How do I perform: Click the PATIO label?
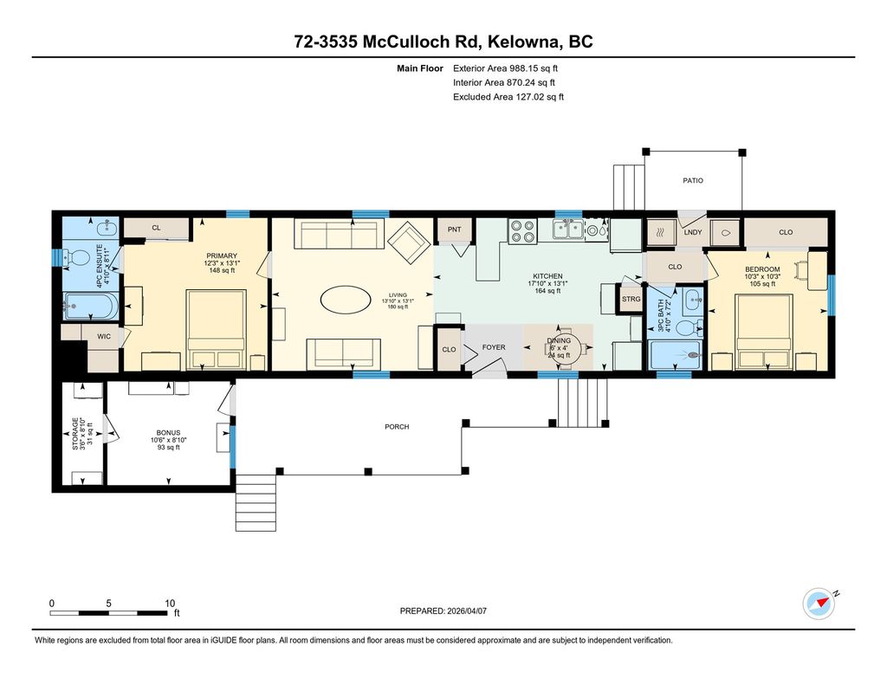pos(692,180)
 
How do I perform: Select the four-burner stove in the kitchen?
pos(522,231)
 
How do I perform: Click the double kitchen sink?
pos(568,229)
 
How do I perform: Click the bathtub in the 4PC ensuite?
pos(90,306)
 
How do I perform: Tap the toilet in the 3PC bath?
pos(689,327)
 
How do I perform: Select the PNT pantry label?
pos(454,229)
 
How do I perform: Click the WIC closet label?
pos(104,337)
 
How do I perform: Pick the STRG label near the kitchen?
pos(631,300)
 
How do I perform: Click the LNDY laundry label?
pos(692,232)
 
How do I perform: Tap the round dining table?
pos(565,347)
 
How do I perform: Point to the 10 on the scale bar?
pos(170,603)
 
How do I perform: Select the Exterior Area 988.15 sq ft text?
pos(505,68)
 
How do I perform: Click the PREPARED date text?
pos(443,611)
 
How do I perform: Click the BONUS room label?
pos(168,433)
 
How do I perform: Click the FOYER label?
pos(493,347)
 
